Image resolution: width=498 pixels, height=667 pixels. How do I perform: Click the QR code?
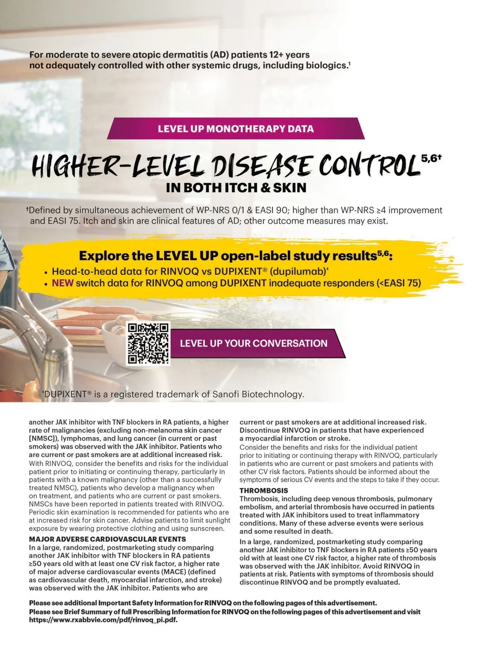[148, 343]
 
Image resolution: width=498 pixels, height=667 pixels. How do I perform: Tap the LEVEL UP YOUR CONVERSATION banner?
[254, 343]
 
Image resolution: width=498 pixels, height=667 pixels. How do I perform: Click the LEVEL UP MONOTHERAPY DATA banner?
[235, 128]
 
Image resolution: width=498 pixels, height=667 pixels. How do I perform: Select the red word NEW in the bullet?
[62, 283]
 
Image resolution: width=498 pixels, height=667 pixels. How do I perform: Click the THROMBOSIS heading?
[264, 490]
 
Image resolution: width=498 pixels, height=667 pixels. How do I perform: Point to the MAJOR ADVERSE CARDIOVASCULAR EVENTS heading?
[107, 539]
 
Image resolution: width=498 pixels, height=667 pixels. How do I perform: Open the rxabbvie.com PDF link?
[106, 620]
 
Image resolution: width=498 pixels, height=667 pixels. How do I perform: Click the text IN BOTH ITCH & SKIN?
[236, 188]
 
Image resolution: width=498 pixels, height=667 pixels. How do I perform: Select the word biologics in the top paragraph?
[324, 65]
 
